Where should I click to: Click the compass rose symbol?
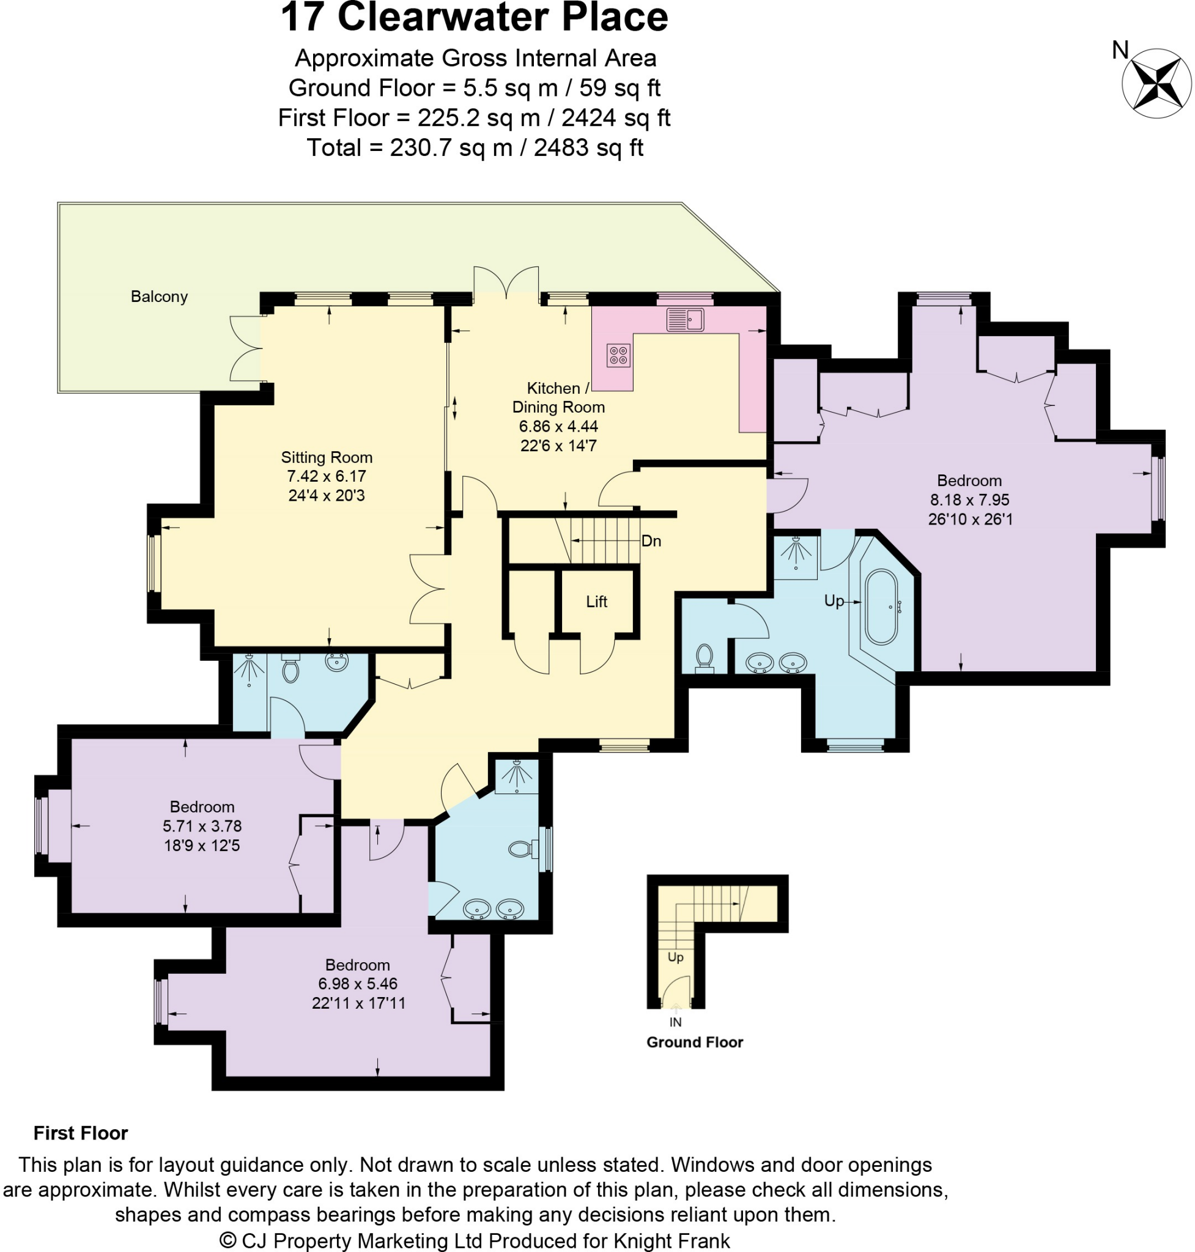coord(1156,83)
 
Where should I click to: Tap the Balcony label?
coord(159,296)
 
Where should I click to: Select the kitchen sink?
coord(685,320)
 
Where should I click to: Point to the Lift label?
coord(596,602)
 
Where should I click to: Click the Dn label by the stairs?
coord(651,541)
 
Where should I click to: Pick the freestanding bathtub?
coord(881,608)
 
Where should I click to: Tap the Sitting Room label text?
coord(327,457)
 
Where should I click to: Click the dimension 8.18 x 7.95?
coord(969,500)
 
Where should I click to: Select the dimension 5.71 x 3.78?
coord(202,826)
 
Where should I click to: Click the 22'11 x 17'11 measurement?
coord(358,1003)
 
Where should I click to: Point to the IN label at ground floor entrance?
coord(675,1022)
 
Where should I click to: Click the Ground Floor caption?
coord(694,1042)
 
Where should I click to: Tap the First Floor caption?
coord(81,1133)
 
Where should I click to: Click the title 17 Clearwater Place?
coord(474,17)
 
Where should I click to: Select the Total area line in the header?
coord(475,148)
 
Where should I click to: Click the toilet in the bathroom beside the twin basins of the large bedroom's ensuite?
coord(704,657)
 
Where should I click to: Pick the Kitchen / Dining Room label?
coord(558,397)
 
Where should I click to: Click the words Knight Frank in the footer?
coord(671,1240)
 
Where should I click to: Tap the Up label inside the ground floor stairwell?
coord(675,957)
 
